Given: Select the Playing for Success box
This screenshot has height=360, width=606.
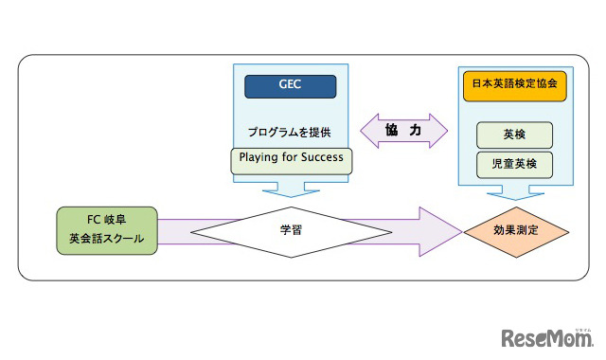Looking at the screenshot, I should [292, 159].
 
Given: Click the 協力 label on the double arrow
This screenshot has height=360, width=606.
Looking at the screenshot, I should [402, 130].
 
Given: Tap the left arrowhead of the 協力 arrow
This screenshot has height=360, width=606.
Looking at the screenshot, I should [368, 130].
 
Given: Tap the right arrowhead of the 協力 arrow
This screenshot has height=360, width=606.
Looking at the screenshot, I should [438, 130].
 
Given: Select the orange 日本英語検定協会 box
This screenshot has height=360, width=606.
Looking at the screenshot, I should [515, 84].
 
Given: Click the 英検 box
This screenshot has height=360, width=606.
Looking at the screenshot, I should [514, 134].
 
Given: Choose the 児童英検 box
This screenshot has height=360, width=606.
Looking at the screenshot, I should [514, 164].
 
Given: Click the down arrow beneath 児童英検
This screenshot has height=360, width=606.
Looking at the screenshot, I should [514, 194].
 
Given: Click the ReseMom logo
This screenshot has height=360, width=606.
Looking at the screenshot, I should [547, 337].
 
